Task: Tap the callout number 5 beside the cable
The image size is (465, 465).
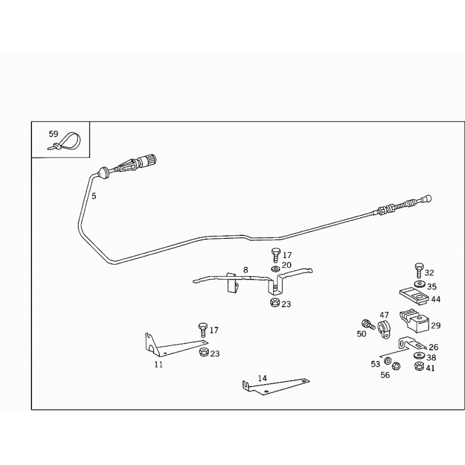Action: pyautogui.click(x=94, y=196)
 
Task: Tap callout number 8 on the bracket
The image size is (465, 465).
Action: pyautogui.click(x=245, y=270)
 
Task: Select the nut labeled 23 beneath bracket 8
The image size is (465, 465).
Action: pyautogui.click(x=274, y=303)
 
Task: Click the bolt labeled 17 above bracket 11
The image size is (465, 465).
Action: pyautogui.click(x=203, y=330)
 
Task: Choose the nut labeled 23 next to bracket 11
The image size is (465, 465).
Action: pyautogui.click(x=204, y=352)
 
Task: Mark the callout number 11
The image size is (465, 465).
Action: pyautogui.click(x=159, y=364)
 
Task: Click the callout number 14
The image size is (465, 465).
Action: pyautogui.click(x=262, y=378)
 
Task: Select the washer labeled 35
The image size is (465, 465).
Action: pyautogui.click(x=419, y=284)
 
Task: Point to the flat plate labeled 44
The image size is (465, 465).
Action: pyautogui.click(x=414, y=296)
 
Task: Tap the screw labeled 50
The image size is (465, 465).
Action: pyautogui.click(x=368, y=324)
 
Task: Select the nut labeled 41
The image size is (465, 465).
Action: pyautogui.click(x=419, y=366)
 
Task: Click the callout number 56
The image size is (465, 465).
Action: pyautogui.click(x=385, y=375)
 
